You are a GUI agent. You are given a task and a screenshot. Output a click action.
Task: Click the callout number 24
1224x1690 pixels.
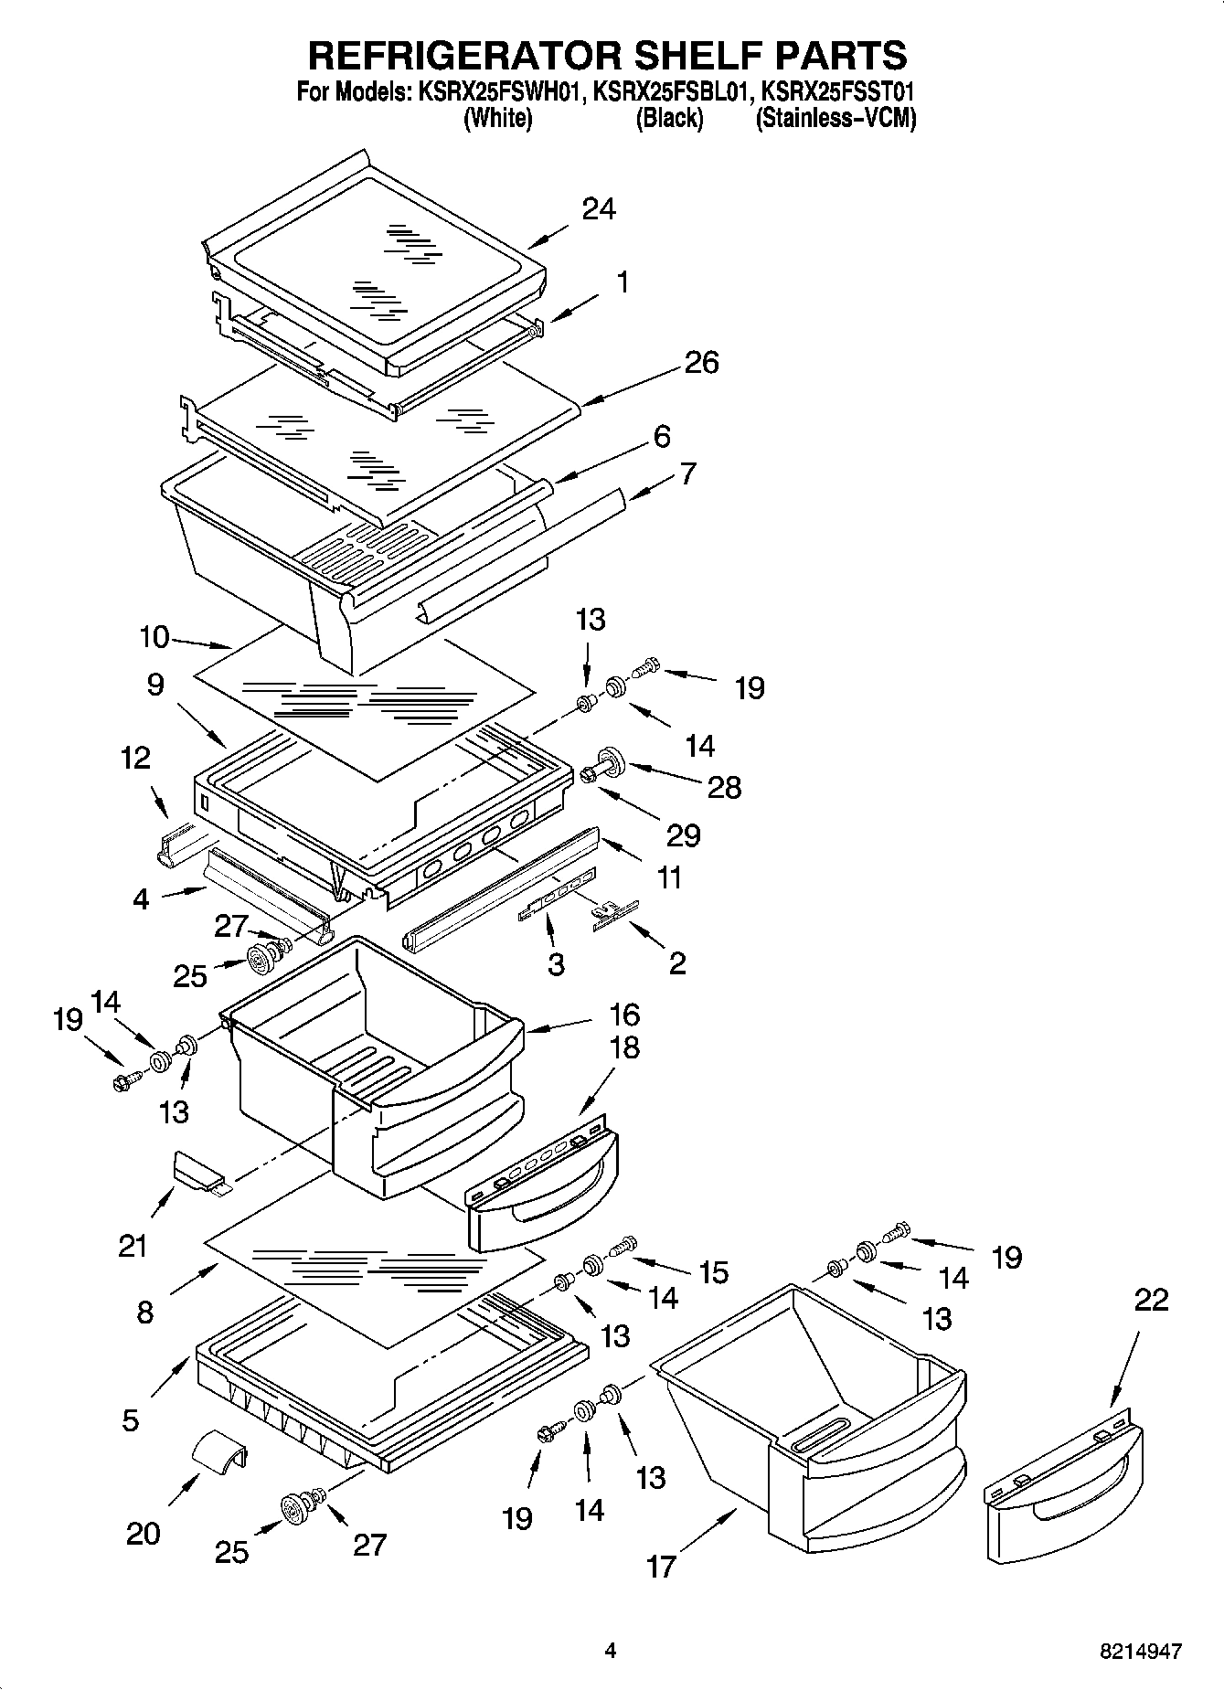coord(599,209)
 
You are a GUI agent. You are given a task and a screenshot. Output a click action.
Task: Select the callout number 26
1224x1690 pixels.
coord(701,363)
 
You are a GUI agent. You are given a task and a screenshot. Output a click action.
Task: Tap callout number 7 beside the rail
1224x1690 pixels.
coord(687,473)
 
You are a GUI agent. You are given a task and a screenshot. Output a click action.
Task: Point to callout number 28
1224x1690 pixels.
coord(725,787)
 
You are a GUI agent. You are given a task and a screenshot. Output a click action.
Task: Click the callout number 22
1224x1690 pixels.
coord(1150,1299)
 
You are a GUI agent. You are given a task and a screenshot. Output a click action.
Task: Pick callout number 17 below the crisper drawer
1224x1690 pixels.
coord(661,1567)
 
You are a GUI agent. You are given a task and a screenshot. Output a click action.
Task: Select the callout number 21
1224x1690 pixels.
coord(133,1245)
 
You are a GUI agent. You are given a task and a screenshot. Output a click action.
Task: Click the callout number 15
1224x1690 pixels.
coord(713,1271)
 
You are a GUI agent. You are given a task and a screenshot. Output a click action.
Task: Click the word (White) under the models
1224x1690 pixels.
coord(498,119)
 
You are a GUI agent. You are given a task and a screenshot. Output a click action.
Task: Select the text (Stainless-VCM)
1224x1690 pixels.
coord(836,119)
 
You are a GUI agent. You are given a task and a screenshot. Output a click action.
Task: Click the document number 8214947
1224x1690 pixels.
coord(1140,1652)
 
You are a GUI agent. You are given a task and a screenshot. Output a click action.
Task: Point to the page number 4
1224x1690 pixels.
coord(611,1651)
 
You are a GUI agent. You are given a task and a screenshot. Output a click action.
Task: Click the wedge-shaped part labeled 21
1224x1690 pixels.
coord(197,1172)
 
